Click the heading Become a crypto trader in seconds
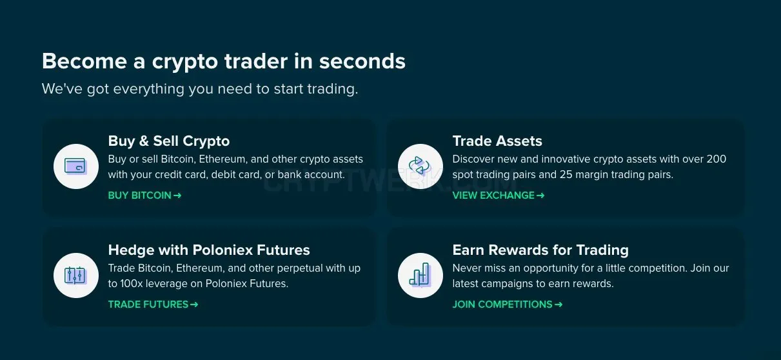click(x=224, y=62)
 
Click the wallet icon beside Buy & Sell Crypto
click(x=75, y=166)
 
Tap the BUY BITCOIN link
click(x=144, y=195)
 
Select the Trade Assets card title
click(x=497, y=141)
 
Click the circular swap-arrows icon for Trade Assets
click(x=420, y=166)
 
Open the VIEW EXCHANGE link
click(x=499, y=195)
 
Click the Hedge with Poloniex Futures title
click(x=209, y=250)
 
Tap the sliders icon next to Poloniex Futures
click(x=75, y=275)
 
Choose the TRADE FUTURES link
click(x=153, y=305)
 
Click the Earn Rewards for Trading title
click(x=540, y=250)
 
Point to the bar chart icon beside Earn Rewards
click(x=420, y=275)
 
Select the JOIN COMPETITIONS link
click(x=508, y=305)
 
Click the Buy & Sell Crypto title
click(x=169, y=141)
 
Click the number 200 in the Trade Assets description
click(x=716, y=159)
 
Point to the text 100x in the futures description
click(x=131, y=284)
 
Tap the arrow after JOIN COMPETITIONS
click(x=559, y=305)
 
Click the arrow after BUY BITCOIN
click(x=177, y=195)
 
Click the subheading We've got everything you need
click(x=200, y=89)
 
